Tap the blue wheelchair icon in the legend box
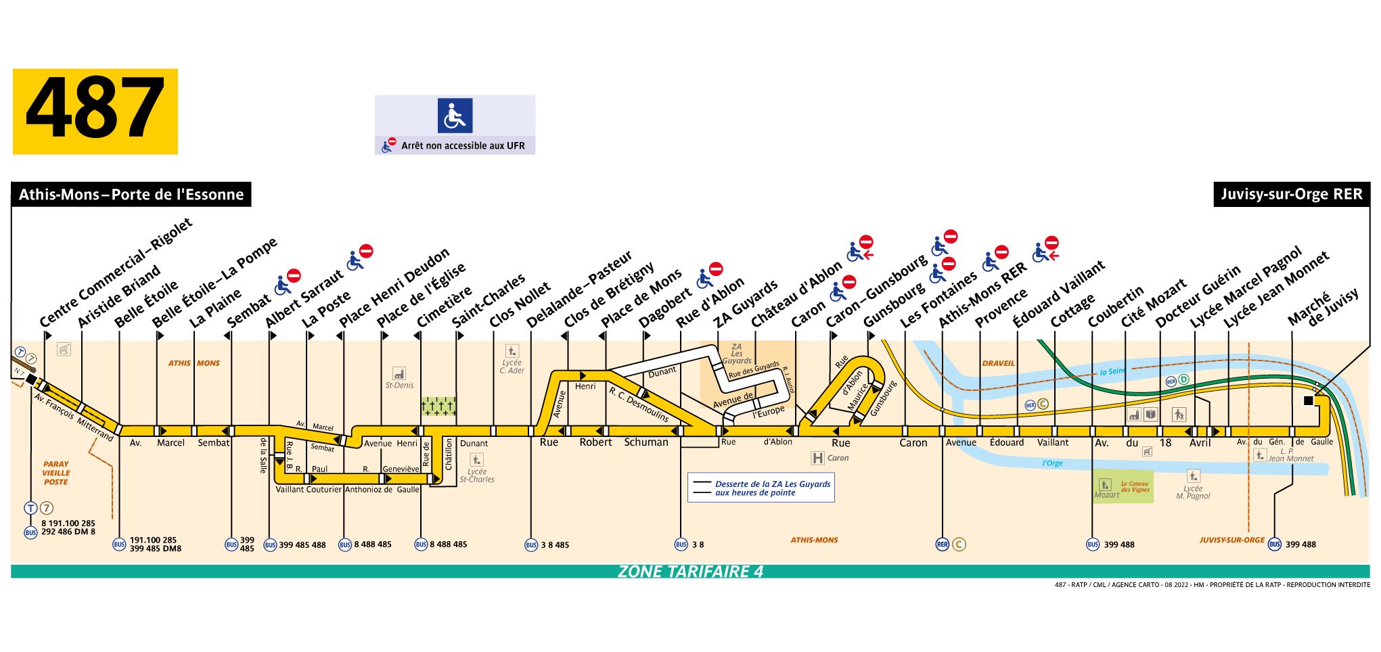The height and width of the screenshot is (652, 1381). coord(455,116)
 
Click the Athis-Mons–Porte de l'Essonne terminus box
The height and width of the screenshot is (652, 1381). coord(131,195)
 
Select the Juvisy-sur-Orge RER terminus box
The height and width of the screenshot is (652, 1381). coord(1291,195)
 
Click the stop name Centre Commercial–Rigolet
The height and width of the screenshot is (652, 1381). coord(115,273)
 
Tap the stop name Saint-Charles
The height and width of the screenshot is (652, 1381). coord(488,300)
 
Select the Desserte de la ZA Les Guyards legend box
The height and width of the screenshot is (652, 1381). coord(761,488)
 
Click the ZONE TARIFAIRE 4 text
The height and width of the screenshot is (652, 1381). coord(690,572)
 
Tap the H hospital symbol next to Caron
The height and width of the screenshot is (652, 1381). coord(817,458)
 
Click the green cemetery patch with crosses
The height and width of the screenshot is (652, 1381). coord(438,406)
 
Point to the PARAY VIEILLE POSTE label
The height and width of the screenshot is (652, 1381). coord(56,473)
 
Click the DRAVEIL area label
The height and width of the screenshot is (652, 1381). coord(998,363)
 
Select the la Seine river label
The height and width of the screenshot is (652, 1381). coord(1112,371)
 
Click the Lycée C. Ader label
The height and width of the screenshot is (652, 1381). coord(512,367)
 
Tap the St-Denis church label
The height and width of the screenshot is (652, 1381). coord(399,385)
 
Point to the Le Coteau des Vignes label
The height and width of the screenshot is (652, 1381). coord(1135,487)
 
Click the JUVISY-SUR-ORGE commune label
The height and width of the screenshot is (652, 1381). coord(1231,540)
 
